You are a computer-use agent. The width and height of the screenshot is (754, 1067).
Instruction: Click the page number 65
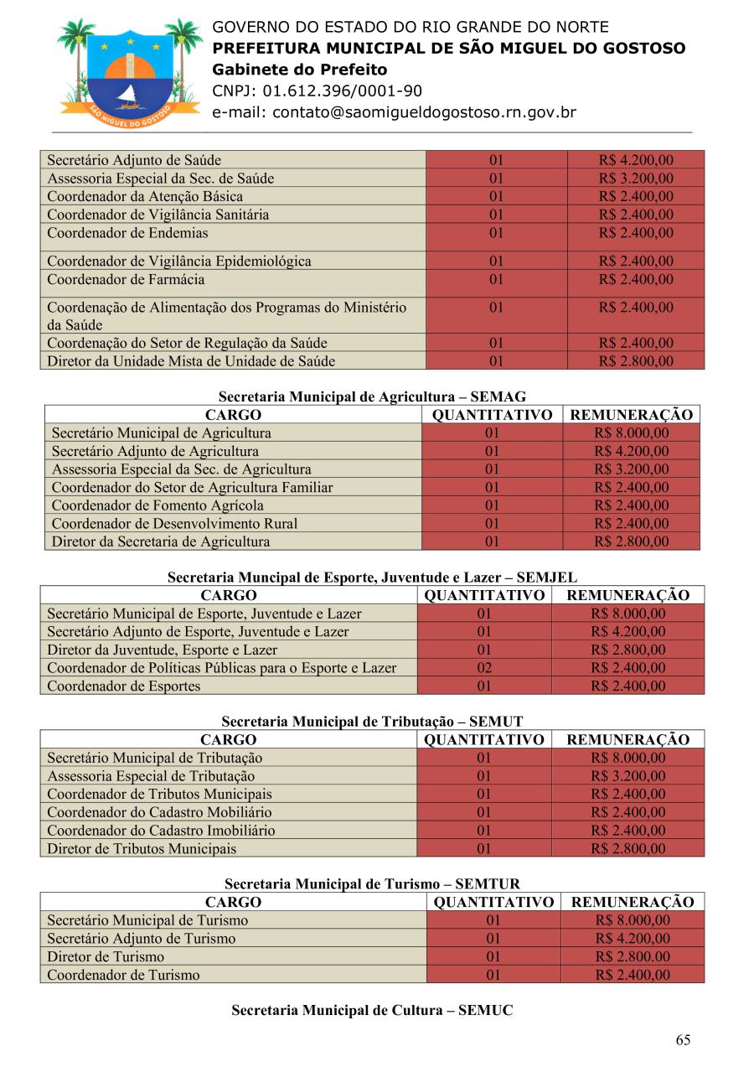tap(683, 1040)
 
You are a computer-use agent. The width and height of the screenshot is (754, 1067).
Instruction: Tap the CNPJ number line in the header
tap(317, 91)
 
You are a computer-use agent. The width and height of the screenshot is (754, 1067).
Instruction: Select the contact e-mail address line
tap(394, 112)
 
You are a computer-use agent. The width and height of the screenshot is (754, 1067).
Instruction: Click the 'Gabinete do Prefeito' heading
tap(299, 70)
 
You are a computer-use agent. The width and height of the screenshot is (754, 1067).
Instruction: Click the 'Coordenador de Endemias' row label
tap(127, 233)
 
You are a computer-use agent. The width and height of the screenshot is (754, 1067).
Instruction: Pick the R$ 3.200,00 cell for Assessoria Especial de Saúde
tap(636, 179)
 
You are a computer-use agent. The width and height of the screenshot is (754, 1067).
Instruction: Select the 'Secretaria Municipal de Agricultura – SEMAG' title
tap(372, 396)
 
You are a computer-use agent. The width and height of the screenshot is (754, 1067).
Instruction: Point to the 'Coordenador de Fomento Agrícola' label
tap(158, 505)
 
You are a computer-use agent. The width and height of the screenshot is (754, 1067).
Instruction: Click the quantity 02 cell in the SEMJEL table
tap(483, 668)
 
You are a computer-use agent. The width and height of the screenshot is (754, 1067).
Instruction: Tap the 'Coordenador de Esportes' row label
tap(124, 686)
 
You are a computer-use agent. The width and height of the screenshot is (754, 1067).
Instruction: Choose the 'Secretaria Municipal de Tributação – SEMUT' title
tap(372, 721)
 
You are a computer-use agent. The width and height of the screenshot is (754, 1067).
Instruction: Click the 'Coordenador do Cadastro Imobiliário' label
tap(161, 831)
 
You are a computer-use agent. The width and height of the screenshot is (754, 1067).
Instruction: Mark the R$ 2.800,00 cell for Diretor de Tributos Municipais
tap(627, 849)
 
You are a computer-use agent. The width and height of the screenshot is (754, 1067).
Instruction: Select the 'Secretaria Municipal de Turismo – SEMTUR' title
tap(372, 884)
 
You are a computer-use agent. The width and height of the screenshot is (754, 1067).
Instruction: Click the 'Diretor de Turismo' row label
tap(106, 957)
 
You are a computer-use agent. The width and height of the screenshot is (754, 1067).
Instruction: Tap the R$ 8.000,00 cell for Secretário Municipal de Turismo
tap(633, 921)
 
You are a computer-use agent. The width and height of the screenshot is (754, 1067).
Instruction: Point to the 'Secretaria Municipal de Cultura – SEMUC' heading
tap(372, 1011)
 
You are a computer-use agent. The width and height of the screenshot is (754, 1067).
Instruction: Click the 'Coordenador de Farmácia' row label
tap(126, 280)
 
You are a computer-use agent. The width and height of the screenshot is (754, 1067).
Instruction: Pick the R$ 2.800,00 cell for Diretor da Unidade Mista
tap(636, 362)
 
